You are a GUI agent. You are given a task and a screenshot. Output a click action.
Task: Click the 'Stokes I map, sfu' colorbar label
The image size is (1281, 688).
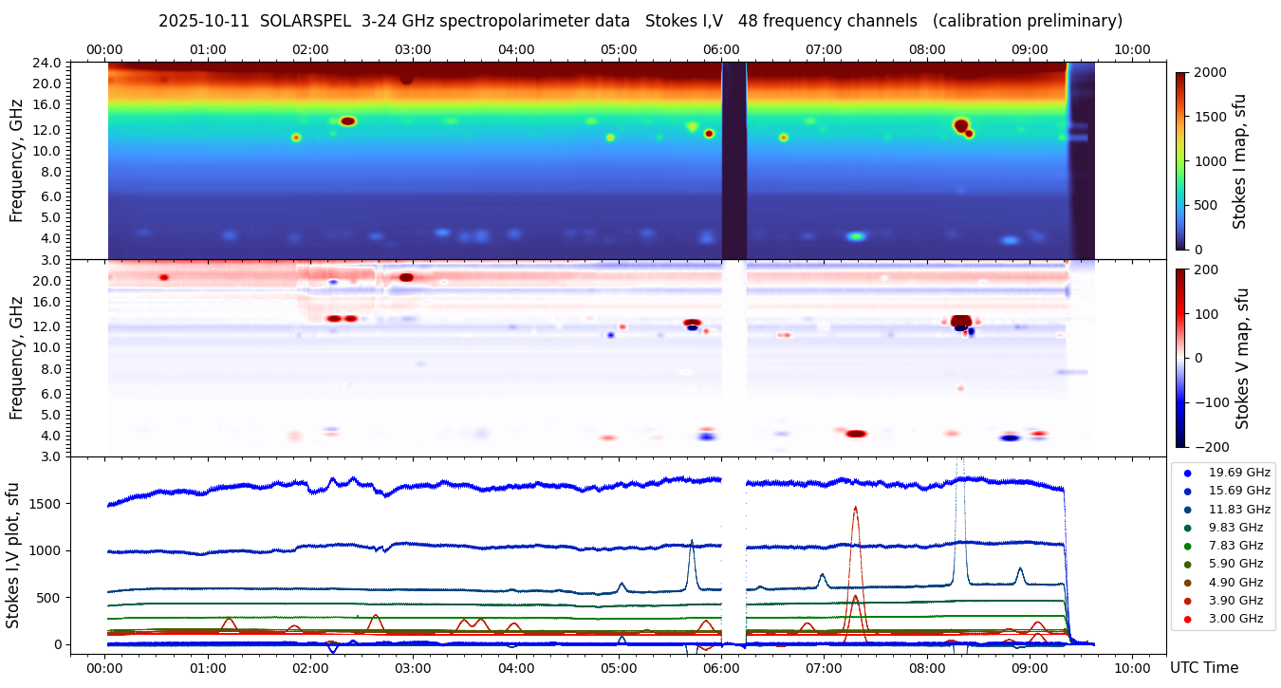tap(1240, 159)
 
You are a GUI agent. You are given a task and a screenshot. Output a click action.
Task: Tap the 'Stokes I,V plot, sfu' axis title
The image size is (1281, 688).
tap(13, 554)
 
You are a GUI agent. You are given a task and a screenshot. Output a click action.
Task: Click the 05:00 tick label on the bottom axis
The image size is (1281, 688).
tap(619, 667)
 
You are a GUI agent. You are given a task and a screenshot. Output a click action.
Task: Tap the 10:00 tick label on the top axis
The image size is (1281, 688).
tap(1132, 49)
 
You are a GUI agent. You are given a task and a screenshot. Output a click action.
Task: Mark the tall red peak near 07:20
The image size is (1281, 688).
tap(855, 509)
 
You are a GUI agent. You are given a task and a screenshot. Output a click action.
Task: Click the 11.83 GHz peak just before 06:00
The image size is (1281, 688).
tap(691, 543)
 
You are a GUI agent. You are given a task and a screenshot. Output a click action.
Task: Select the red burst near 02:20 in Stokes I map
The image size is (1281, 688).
tap(347, 121)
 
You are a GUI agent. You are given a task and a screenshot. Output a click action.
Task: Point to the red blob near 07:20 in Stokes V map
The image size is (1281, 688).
tap(856, 434)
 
